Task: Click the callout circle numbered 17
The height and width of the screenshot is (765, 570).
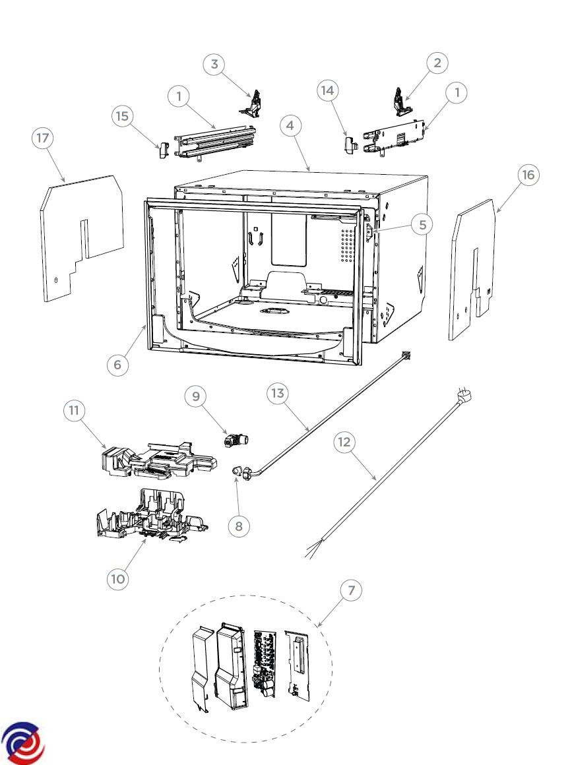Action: [x=43, y=138]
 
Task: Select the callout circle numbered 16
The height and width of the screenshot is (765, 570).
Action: [x=528, y=175]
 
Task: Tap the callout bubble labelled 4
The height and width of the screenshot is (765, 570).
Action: [x=290, y=125]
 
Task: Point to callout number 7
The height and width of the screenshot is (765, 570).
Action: [x=352, y=590]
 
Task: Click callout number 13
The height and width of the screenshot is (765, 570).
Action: [x=278, y=393]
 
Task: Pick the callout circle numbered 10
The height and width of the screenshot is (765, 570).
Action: [x=117, y=579]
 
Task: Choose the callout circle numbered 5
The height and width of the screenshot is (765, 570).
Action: [x=423, y=224]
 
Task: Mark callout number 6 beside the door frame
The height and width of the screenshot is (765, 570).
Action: [x=117, y=365]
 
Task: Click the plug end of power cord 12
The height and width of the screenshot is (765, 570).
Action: [x=464, y=394]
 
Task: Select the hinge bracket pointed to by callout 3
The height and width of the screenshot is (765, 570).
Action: [x=252, y=104]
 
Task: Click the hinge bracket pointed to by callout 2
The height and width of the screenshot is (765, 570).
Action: [x=402, y=102]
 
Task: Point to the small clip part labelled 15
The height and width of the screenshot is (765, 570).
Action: [x=162, y=150]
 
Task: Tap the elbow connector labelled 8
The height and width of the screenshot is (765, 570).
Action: [x=241, y=472]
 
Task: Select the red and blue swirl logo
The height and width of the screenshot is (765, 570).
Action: [x=22, y=743]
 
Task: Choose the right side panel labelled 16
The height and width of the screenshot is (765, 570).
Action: [x=472, y=269]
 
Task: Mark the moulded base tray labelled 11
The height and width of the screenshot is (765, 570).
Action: [x=158, y=460]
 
